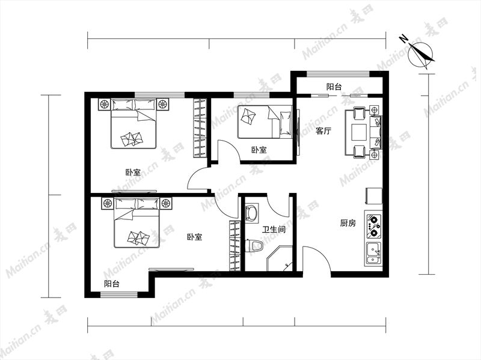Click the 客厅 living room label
pyautogui.click(x=323, y=131)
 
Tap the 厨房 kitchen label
pyautogui.click(x=348, y=223)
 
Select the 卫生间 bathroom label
pyautogui.click(x=274, y=229)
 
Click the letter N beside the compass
pyautogui.click(x=403, y=38)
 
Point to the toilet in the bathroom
pyautogui.click(x=255, y=246)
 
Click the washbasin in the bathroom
pyautogui.click(x=251, y=213)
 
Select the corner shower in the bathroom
pyautogui.click(x=279, y=258)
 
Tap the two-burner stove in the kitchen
pyautogui.click(x=373, y=226)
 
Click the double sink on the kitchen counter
pyautogui.click(x=373, y=254)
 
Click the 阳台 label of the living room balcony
pyautogui.click(x=334, y=87)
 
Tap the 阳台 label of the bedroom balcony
pyautogui.click(x=112, y=284)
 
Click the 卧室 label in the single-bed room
pyautogui.click(x=259, y=150)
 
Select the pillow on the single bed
pyautogui.click(x=285, y=123)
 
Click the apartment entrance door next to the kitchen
pyautogui.click(x=316, y=260)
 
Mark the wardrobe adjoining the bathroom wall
pyautogui.click(x=235, y=246)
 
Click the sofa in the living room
pyautogui.click(x=376, y=132)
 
